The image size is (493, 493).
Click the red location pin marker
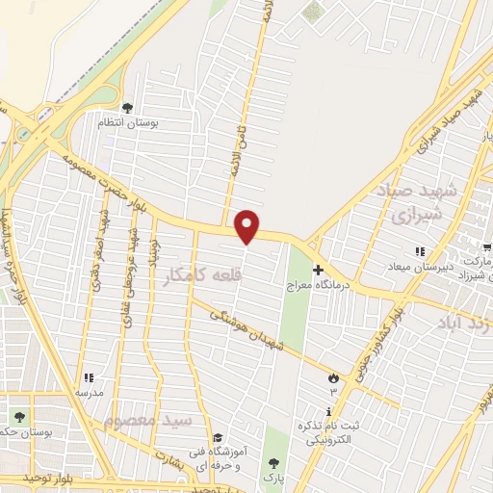pos(247,225)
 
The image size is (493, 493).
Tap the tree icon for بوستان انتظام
pos(128,108)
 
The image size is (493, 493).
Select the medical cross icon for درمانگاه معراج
pos(318,272)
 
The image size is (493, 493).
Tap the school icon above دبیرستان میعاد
pos(419,252)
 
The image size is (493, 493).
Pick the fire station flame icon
pos(334,377)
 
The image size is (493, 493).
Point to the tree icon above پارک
pos(274,463)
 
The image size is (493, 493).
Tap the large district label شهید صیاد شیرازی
pos(424,202)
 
